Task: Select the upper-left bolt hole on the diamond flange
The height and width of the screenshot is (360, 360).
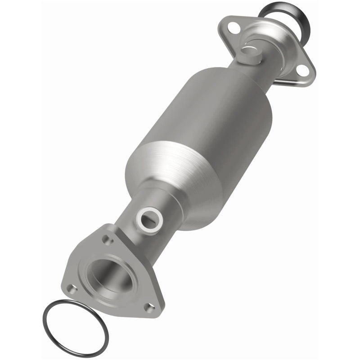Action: pyautogui.click(x=233, y=28)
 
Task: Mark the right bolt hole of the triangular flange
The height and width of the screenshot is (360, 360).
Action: pyautogui.click(x=149, y=307)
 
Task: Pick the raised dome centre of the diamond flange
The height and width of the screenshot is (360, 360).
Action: pyautogui.click(x=270, y=49)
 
